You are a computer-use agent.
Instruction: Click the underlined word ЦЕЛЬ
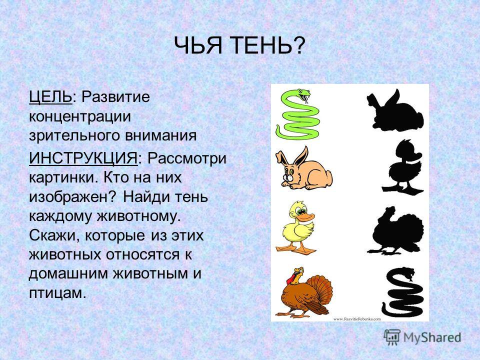click(x=50, y=97)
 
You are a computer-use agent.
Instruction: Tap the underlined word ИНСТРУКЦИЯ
click(x=83, y=159)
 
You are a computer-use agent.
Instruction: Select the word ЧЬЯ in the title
click(x=198, y=45)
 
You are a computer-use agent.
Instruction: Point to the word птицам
click(x=56, y=293)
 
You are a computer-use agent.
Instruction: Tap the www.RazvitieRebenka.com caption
click(x=357, y=319)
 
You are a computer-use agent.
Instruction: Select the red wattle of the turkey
click(x=291, y=279)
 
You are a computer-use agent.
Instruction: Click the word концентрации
click(x=80, y=117)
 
